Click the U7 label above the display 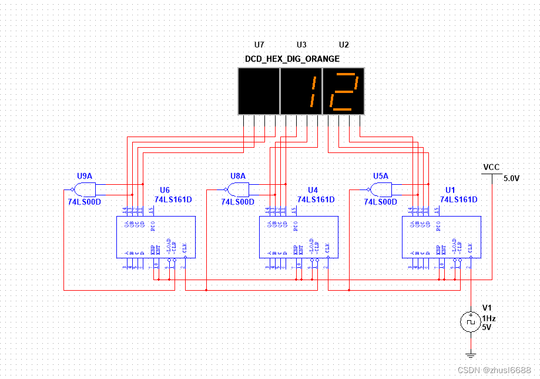pos(259,45)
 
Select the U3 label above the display pos(301,45)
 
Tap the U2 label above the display pos(344,45)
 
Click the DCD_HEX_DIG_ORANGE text pos(292,59)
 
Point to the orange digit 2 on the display pos(344,91)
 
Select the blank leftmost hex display pos(259,91)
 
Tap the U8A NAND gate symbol pos(238,189)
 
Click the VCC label pos(491,167)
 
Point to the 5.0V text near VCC pos(511,178)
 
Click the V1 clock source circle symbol pos(470,321)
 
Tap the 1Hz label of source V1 pos(489,318)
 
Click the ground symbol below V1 pos(470,355)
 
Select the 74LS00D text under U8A pos(238,201)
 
